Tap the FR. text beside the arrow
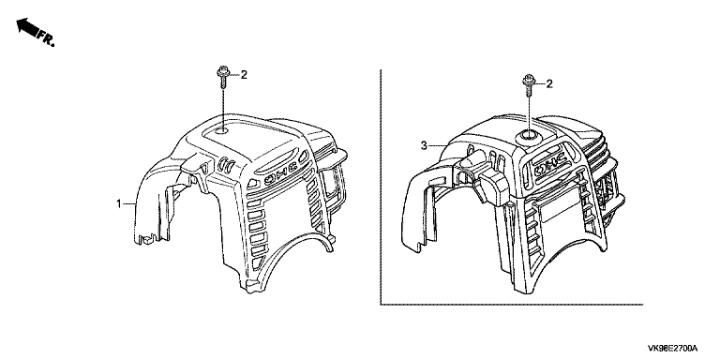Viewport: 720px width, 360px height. [x=46, y=38]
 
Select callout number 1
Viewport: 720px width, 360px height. [x=119, y=202]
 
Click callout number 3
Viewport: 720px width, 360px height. [x=424, y=145]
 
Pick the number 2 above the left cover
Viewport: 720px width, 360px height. [x=244, y=74]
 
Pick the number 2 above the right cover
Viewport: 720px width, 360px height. [x=549, y=83]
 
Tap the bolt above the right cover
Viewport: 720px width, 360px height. [x=528, y=85]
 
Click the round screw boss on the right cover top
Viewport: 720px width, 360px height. [x=527, y=135]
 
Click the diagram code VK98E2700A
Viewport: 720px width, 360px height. [x=673, y=348]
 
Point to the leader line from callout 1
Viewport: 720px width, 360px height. [x=129, y=202]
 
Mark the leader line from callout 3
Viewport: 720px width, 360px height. [x=438, y=146]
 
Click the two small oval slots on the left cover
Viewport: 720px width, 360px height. [x=227, y=163]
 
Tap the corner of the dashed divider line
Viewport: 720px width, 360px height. [x=381, y=304]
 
